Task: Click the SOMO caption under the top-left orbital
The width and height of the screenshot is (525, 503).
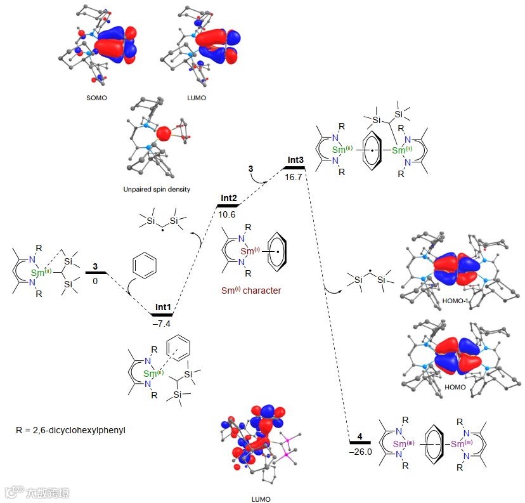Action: tap(96, 99)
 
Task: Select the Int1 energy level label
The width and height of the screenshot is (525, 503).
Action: tap(163, 307)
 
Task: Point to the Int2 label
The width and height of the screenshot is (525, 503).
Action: tap(229, 199)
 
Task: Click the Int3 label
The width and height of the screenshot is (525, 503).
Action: tap(295, 160)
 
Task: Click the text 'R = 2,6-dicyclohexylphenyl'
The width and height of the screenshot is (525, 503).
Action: tap(71, 430)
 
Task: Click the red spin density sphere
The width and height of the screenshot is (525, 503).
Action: tap(164, 134)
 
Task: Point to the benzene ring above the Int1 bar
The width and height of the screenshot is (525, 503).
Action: tap(142, 265)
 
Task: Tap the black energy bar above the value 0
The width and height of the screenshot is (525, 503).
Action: tap(96, 273)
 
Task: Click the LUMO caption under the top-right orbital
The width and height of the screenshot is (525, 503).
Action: tap(196, 99)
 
